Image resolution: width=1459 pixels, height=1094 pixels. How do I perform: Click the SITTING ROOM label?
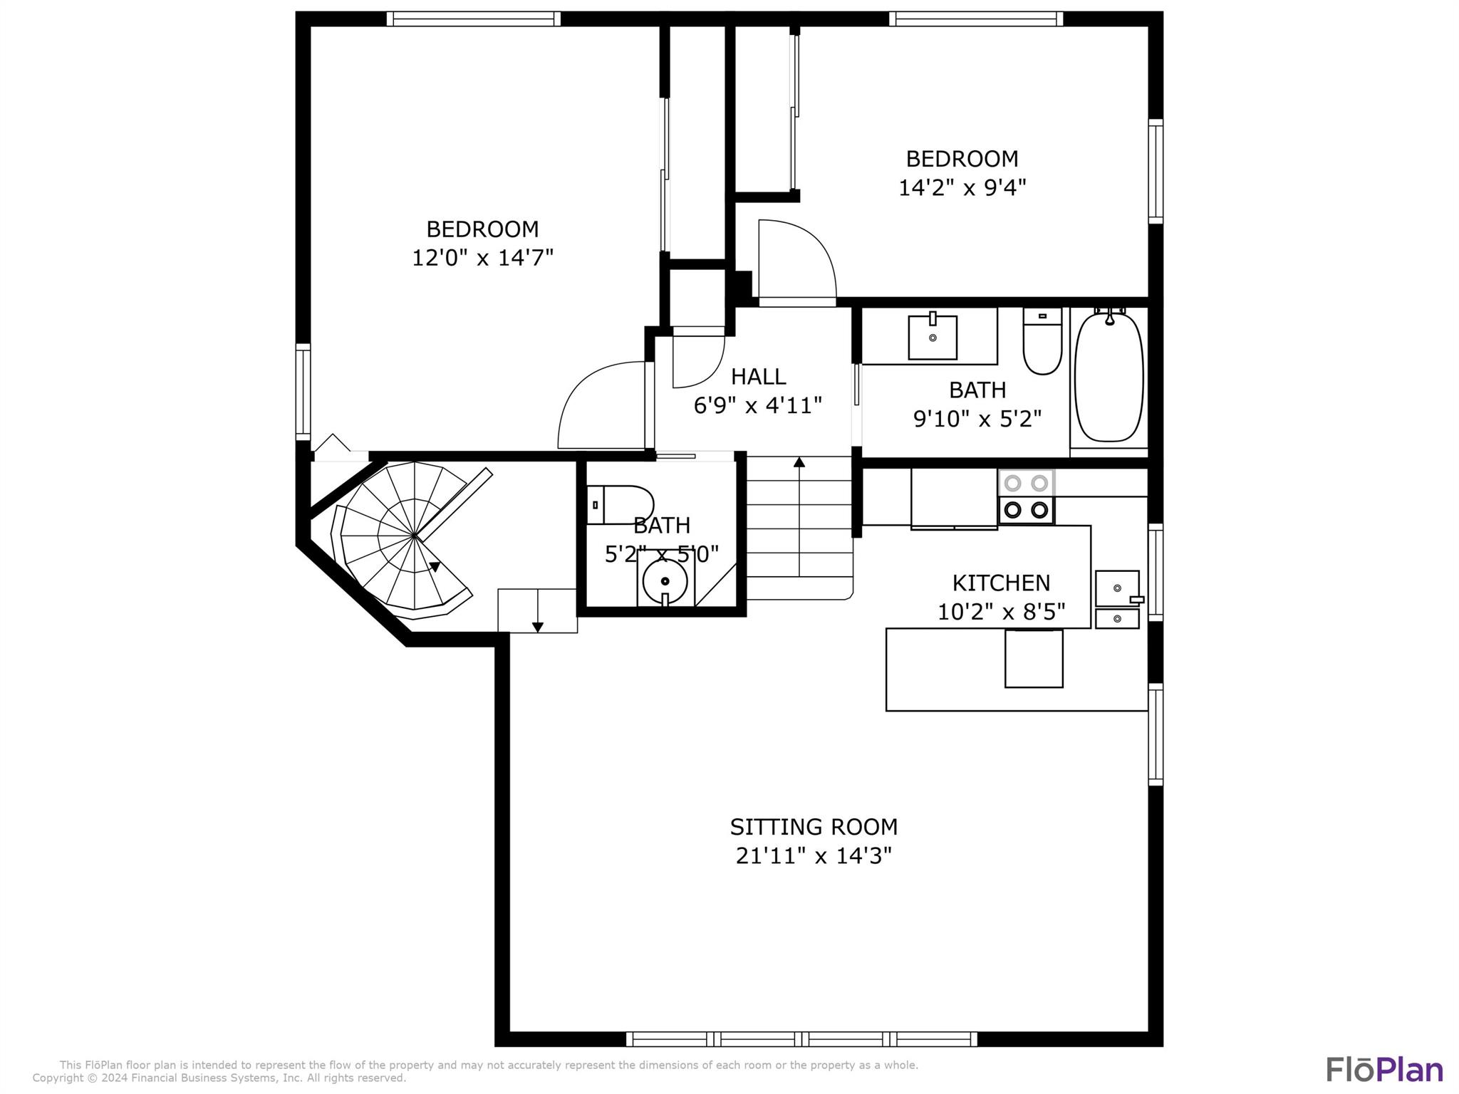814,827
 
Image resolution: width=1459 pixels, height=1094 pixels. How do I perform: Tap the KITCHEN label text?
1001,583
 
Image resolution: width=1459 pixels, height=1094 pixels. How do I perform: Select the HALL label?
758,376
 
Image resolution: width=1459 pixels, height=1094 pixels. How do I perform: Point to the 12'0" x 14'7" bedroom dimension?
483,257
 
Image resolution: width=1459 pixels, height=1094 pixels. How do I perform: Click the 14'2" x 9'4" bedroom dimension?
962,187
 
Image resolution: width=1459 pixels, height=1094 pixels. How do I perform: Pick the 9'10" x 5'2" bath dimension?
977,418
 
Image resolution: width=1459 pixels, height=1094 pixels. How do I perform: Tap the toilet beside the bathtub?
1042,341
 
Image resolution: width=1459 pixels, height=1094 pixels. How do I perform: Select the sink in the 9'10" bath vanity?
933,337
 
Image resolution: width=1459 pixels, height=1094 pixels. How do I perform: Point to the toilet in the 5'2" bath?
620,505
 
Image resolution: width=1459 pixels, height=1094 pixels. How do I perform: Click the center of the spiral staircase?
414,534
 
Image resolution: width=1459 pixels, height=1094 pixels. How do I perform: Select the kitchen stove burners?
1026,496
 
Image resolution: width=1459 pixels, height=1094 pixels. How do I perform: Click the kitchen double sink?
1118,599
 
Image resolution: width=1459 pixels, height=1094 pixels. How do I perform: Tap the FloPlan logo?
1384,1070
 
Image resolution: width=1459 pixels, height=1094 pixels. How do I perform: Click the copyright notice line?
219,1078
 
